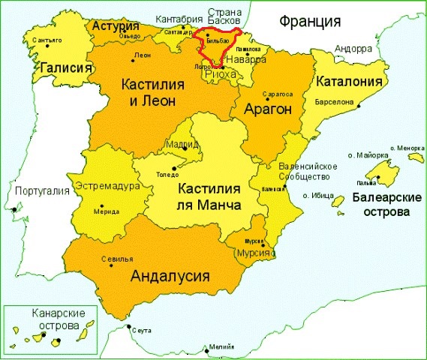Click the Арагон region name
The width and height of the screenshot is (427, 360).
click(266, 109)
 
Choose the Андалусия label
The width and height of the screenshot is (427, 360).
click(169, 275)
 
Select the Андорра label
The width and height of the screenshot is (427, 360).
click(353, 49)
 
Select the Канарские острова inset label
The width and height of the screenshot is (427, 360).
click(56, 319)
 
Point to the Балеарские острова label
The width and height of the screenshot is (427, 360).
click(381, 205)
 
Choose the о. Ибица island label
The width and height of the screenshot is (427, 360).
click(318, 195)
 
